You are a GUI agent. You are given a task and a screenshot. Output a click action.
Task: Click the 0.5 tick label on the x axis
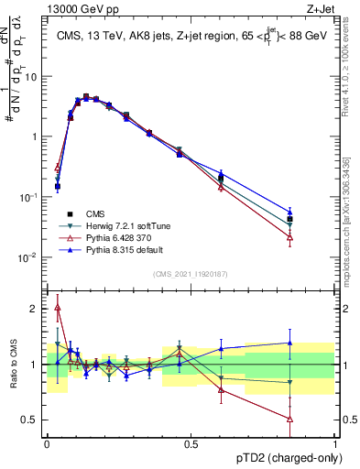point(191,443)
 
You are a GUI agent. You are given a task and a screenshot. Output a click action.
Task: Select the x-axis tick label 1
point(336,443)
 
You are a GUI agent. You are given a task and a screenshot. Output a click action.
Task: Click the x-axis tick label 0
point(47,443)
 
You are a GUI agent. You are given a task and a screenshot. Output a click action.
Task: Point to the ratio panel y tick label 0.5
point(29,420)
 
